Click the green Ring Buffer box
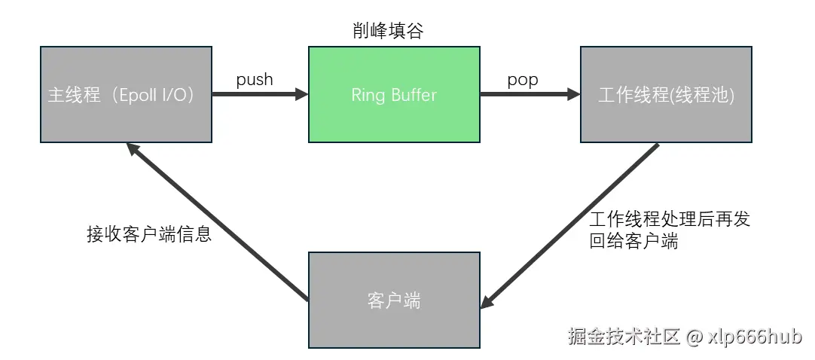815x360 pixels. [394, 94]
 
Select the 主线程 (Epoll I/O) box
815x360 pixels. [126, 94]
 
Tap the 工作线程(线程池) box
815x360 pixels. [666, 94]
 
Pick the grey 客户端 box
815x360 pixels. [394, 300]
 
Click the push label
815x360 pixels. [255, 79]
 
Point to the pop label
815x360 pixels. [523, 79]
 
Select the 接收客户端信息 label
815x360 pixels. [149, 234]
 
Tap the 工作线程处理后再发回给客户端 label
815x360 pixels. [670, 230]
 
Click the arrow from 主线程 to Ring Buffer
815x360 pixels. [260, 94]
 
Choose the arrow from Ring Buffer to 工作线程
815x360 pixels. [530, 94]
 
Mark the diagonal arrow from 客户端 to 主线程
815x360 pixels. [218, 223]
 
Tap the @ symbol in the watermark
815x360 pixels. [694, 337]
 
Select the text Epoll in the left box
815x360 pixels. [142, 96]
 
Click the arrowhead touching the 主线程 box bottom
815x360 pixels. [133, 149]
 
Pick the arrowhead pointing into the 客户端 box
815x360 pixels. [487, 302]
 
